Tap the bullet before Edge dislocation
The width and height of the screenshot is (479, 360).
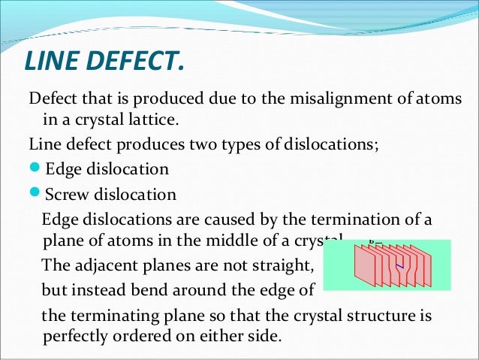click(x=35, y=169)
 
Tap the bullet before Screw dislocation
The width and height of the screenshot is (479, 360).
click(x=35, y=195)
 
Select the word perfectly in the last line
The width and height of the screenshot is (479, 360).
click(x=77, y=336)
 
